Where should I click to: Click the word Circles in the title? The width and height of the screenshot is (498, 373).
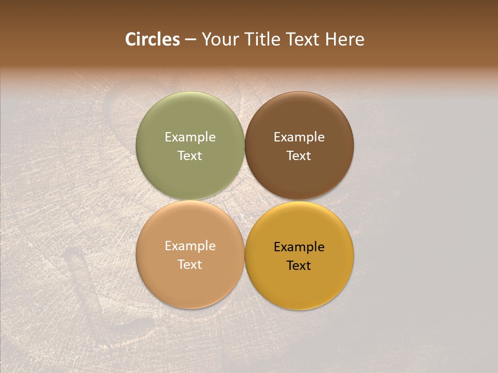click(x=152, y=39)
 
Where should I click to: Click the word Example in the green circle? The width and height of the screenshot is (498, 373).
click(x=190, y=137)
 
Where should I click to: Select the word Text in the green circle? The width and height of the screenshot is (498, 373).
click(x=190, y=156)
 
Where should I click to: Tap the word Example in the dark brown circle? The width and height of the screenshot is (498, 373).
click(x=299, y=137)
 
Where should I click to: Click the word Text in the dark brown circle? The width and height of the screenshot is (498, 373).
click(x=299, y=156)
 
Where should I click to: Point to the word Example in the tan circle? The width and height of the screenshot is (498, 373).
click(x=190, y=246)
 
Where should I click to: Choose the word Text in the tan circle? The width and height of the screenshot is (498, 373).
click(x=190, y=265)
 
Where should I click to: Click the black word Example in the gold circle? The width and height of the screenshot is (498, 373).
click(x=299, y=247)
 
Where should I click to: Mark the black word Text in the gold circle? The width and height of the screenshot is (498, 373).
click(x=299, y=266)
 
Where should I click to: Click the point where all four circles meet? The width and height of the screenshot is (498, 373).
click(x=244, y=200)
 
